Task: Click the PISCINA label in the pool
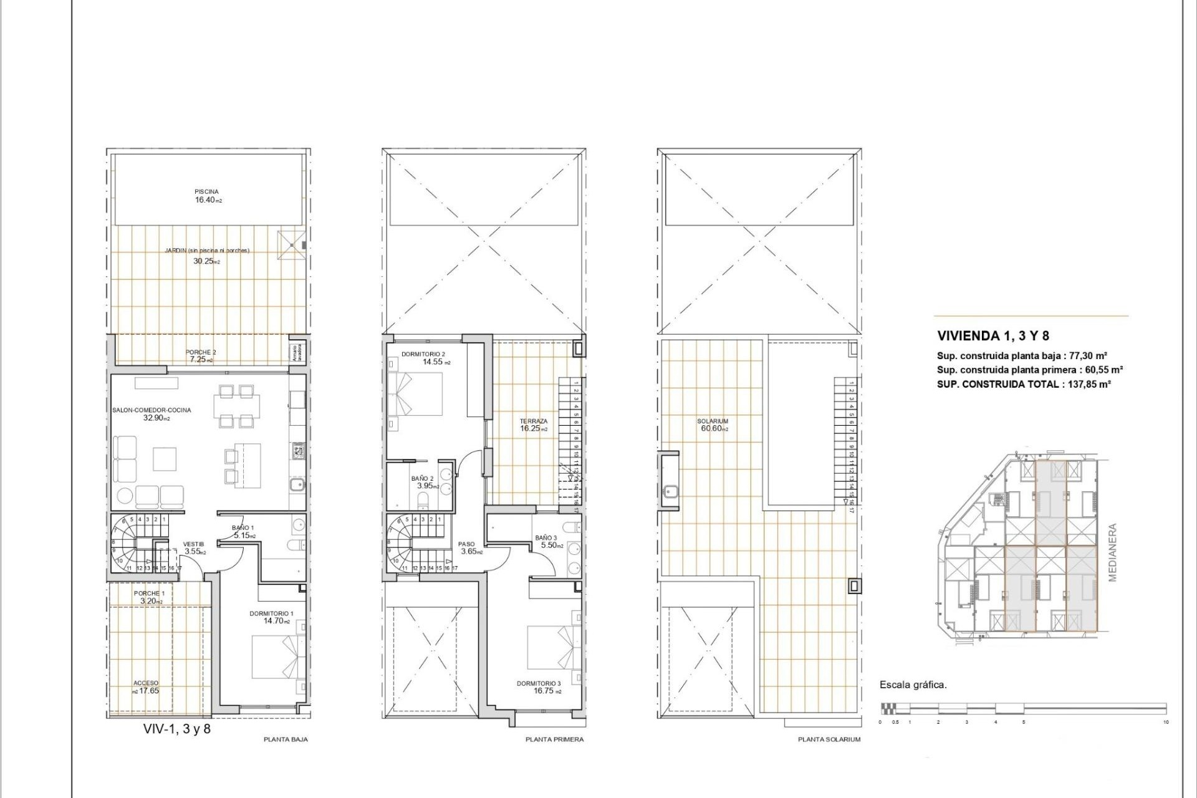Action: coord(206,192)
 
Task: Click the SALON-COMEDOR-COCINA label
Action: coord(151,410)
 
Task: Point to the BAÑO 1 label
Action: coord(243,528)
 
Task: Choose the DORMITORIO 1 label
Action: coord(271,613)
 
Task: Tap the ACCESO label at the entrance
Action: coord(146,683)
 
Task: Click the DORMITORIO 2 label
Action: coord(423,354)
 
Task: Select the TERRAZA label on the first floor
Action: coord(534,421)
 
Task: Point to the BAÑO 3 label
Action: coord(546,537)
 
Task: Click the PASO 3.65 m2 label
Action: coord(467,548)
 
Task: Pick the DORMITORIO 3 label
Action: coord(539,683)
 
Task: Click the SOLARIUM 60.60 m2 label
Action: coord(713,425)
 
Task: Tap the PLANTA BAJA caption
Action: coord(286,739)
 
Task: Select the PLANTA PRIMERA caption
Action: coord(554,739)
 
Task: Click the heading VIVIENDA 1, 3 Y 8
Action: coord(993,336)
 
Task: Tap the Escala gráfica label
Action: coord(913,685)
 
